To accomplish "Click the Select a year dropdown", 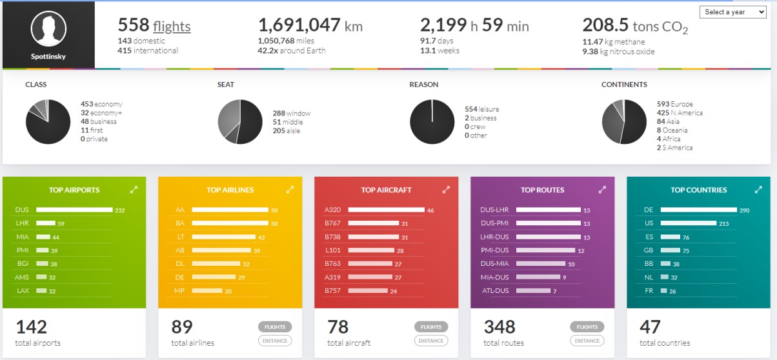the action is click(732, 12).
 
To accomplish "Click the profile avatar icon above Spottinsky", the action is click(48, 29).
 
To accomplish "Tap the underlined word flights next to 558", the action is click(172, 26).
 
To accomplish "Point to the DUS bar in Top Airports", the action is click(74, 210).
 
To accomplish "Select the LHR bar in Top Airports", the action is click(45, 223).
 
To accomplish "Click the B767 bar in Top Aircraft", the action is click(373, 223).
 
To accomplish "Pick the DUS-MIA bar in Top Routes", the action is click(540, 264).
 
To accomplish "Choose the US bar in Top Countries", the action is click(688, 223).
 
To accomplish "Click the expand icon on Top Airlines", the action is click(290, 190).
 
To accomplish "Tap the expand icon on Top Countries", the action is click(758, 190).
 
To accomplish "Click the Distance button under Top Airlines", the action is click(275, 341).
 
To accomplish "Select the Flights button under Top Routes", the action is click(587, 326).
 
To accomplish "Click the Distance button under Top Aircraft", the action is click(431, 341).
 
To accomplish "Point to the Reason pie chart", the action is click(432, 122).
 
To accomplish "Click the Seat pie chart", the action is click(240, 122).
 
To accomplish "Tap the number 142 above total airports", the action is click(31, 326).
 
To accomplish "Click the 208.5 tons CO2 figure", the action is click(635, 26).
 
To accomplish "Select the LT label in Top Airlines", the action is click(181, 237).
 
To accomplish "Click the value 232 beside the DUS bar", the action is click(120, 210).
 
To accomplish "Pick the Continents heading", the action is click(624, 85).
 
